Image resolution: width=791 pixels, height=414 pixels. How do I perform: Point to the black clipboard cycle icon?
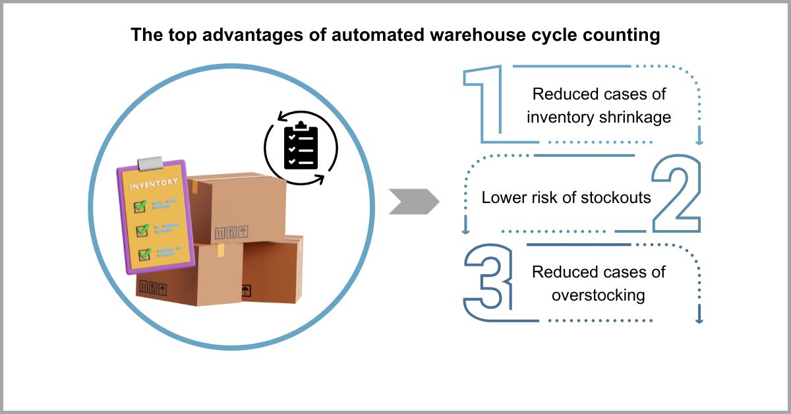click(x=301, y=147)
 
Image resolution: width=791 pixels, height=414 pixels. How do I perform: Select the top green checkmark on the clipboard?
click(x=140, y=206)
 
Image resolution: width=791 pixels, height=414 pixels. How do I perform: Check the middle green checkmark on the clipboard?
click(x=141, y=230)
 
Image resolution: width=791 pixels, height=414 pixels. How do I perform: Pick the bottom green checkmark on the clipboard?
click(x=143, y=254)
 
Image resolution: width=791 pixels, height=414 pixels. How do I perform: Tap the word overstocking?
click(x=598, y=295)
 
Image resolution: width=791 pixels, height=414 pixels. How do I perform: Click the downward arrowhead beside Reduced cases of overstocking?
click(x=699, y=319)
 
